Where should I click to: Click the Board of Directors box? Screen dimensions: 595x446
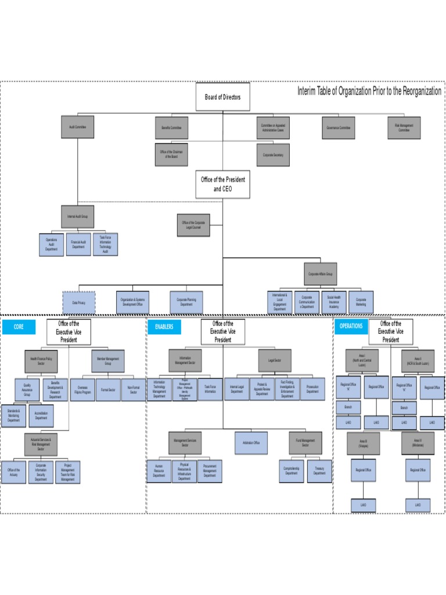222,97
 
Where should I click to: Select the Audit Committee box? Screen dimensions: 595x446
77,127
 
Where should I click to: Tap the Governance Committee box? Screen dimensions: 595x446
339,127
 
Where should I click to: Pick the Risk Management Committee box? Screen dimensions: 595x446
404,127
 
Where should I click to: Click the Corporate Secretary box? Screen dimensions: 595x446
272,155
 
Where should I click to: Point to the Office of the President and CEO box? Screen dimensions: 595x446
222,184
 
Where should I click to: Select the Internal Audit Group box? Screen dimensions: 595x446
77,217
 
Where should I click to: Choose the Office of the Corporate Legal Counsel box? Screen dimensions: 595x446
193,225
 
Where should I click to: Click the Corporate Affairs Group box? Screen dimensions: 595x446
320,274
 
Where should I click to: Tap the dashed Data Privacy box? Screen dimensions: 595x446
78,303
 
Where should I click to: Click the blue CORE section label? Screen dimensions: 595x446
19,327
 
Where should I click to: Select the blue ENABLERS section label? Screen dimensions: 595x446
164,327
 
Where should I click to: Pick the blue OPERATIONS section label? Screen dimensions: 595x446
351,327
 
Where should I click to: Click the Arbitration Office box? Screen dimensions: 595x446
251,443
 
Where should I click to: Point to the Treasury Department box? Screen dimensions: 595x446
319,471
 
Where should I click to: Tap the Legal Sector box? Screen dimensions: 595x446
275,360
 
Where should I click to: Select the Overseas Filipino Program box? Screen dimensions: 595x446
82,390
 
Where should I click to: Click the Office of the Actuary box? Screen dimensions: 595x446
15,472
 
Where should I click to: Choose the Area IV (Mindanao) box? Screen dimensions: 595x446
418,443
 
